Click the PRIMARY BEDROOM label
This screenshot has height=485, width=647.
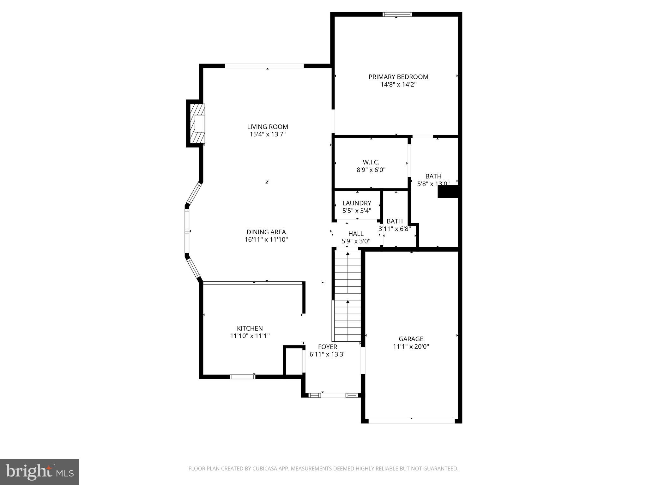click(398, 77)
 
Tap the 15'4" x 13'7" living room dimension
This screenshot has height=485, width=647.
click(268, 135)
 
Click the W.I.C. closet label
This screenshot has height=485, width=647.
click(371, 162)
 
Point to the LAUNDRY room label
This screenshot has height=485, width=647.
click(357, 203)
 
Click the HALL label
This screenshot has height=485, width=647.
click(356, 234)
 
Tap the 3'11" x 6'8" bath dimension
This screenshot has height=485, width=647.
click(395, 229)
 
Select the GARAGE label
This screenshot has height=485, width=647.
click(411, 339)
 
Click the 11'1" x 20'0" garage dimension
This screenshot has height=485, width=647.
click(411, 347)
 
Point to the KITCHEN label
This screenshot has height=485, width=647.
click(250, 328)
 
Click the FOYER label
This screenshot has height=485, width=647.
click(327, 347)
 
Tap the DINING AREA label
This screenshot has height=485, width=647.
click(266, 232)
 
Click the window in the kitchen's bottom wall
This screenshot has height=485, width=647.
click(242, 376)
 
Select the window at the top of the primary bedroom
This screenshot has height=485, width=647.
click(397, 14)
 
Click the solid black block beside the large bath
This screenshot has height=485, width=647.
click(448, 192)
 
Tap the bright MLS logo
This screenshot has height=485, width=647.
click(39, 472)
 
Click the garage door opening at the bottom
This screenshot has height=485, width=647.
click(411, 421)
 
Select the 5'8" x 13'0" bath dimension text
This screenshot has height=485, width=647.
click(433, 184)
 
